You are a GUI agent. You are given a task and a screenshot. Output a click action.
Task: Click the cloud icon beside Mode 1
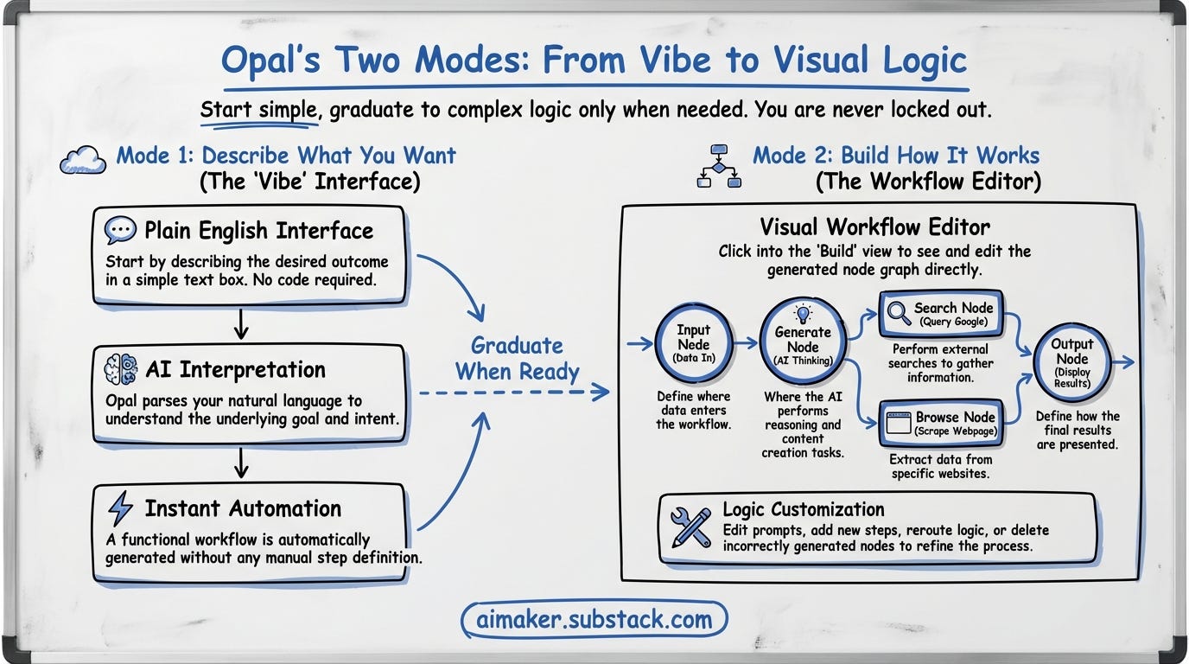(84, 161)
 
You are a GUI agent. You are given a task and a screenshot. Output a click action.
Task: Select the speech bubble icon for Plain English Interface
(120, 231)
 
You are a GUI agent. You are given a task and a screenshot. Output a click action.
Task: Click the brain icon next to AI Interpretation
(120, 370)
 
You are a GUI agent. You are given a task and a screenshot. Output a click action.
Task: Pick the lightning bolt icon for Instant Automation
(120, 508)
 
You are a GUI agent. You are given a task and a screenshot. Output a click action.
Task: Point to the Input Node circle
(693, 344)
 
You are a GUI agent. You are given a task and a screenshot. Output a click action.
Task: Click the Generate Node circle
(802, 343)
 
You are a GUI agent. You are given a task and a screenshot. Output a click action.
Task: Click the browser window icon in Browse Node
(899, 424)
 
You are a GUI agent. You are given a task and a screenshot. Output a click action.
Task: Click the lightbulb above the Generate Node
(803, 313)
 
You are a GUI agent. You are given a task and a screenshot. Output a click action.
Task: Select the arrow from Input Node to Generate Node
(746, 344)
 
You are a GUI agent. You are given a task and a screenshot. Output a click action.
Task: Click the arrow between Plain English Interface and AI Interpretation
(242, 323)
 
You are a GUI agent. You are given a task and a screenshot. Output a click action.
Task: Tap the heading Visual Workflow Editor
(874, 227)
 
